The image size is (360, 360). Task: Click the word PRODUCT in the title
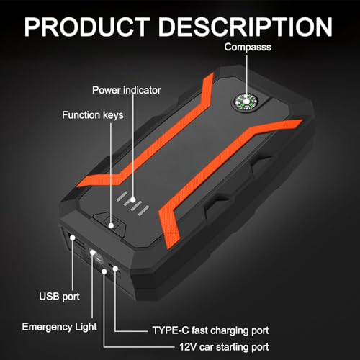(x=87, y=27)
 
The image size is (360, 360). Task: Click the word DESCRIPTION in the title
(x=246, y=27)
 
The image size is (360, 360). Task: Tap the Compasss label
(x=248, y=47)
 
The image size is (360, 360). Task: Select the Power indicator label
(x=127, y=90)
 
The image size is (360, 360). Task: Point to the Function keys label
(x=93, y=115)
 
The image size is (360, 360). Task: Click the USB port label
(x=59, y=297)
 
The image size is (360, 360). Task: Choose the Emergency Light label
(x=60, y=327)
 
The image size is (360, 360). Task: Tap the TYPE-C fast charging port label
(x=210, y=330)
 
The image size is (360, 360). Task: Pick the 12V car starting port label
(x=224, y=347)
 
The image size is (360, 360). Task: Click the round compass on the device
(x=246, y=102)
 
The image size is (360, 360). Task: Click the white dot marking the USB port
(x=72, y=238)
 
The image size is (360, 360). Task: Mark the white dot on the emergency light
(x=93, y=252)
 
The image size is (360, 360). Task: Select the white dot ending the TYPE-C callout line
(x=115, y=269)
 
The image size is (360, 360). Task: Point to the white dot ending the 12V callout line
(x=104, y=271)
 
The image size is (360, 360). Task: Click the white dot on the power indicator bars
(x=133, y=199)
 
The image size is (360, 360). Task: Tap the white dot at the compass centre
(x=246, y=102)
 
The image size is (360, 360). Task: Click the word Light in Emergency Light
(x=86, y=327)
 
